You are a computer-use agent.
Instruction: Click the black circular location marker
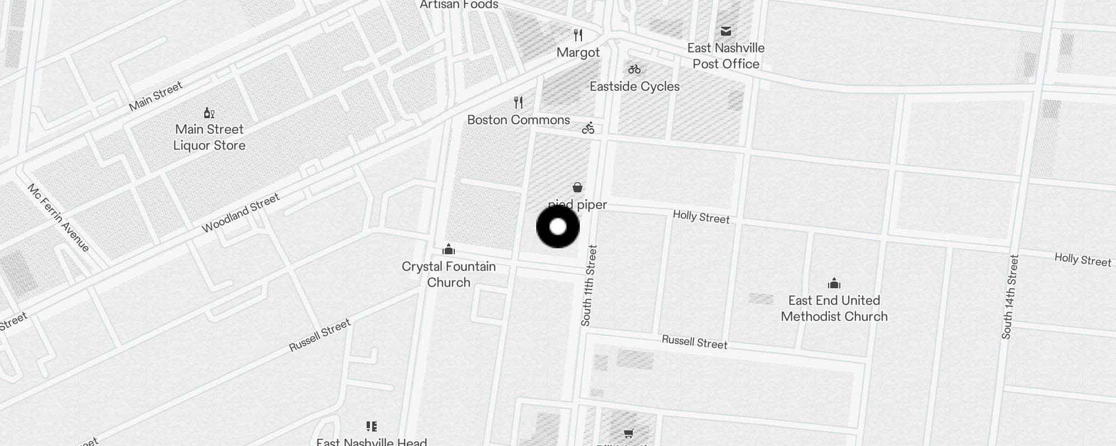click(558, 227)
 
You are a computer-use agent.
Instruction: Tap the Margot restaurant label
click(578, 52)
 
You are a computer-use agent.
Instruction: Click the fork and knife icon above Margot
click(578, 35)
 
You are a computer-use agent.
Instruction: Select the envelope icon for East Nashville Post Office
click(725, 31)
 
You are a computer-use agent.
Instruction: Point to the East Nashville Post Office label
click(725, 56)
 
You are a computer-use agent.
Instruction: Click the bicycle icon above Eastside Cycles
click(634, 70)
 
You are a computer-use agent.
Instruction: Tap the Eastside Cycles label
click(634, 86)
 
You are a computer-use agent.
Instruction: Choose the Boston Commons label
click(518, 120)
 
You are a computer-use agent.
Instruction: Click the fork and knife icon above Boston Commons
click(518, 103)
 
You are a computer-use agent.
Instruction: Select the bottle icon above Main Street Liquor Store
click(209, 113)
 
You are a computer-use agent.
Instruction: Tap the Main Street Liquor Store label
click(209, 137)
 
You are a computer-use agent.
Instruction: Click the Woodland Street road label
click(240, 214)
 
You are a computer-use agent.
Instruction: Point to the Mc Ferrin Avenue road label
click(58, 217)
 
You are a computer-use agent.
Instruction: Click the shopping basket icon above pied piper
click(578, 187)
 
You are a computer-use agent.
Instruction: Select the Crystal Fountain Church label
click(449, 274)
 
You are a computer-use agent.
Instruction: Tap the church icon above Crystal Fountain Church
click(449, 249)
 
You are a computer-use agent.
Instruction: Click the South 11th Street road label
click(589, 285)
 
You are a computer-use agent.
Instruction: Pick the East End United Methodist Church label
click(834, 308)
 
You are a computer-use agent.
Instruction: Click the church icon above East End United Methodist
click(834, 283)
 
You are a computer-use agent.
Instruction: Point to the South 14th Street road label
click(1010, 297)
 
